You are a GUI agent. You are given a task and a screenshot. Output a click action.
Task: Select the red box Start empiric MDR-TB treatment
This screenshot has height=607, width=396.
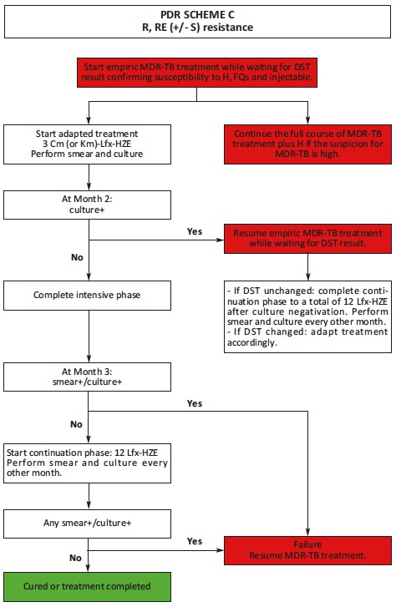pyautogui.click(x=197, y=72)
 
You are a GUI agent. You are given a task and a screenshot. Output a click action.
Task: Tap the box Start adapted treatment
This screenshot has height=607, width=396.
pyautogui.click(x=87, y=139)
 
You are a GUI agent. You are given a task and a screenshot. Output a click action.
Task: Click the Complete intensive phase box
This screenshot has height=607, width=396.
pyautogui.click(x=87, y=295)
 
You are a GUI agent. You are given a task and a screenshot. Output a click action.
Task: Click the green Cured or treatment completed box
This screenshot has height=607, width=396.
pyautogui.click(x=87, y=585)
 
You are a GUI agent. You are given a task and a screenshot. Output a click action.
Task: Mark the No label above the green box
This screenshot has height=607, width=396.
pyautogui.click(x=75, y=558)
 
